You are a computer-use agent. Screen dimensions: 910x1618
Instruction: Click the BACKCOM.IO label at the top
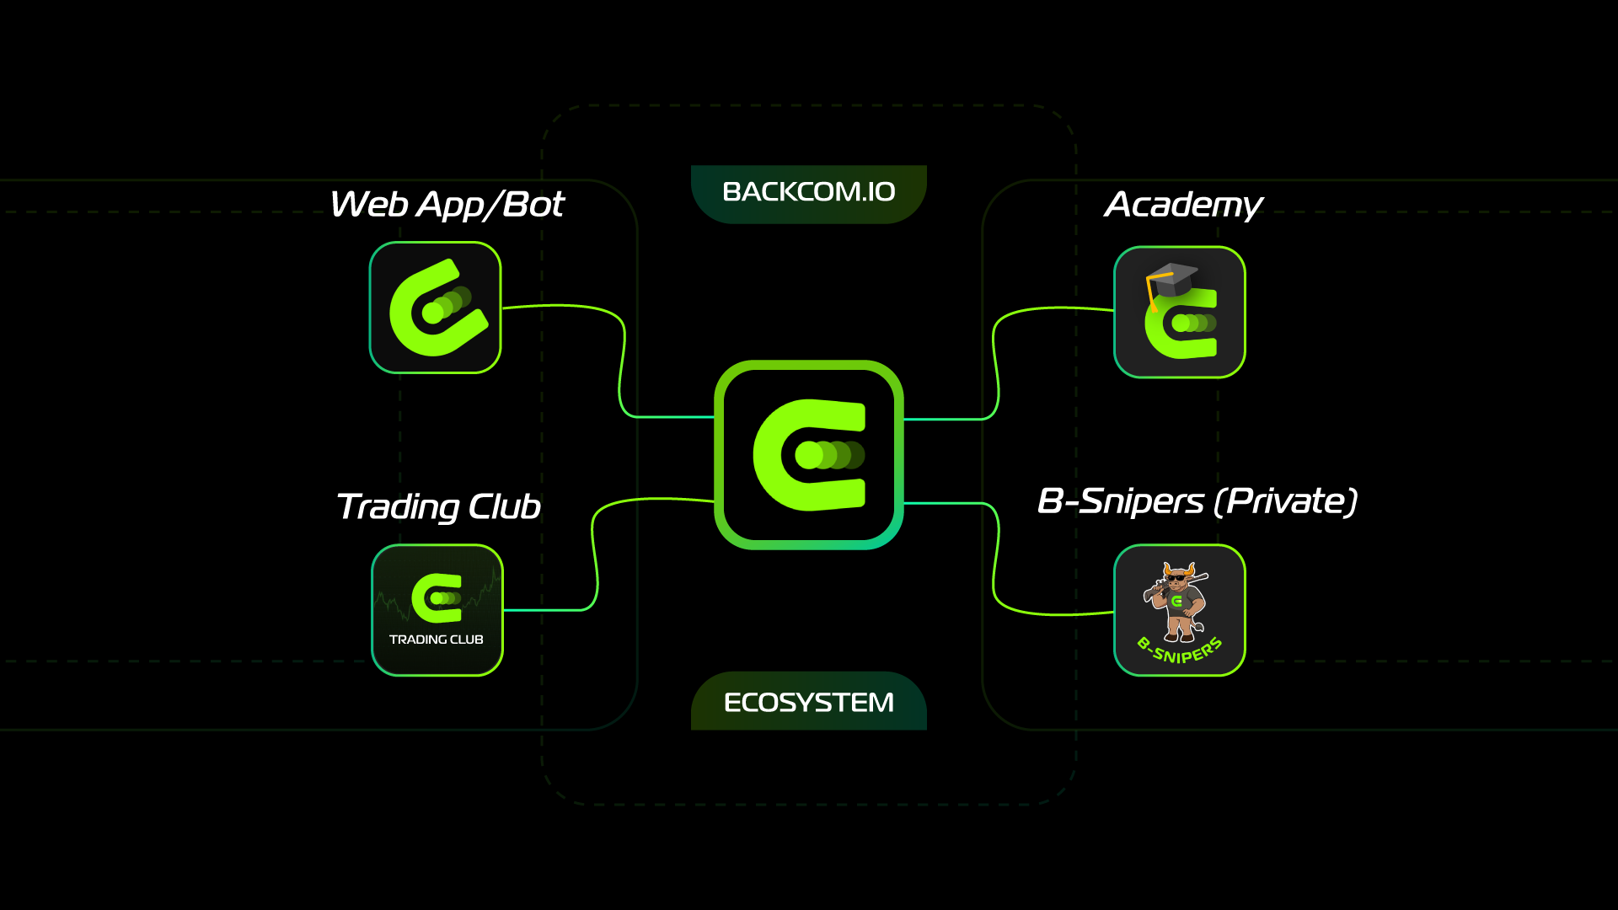pyautogui.click(x=808, y=192)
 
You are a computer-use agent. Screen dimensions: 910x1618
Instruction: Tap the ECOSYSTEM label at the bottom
pyautogui.click(x=808, y=702)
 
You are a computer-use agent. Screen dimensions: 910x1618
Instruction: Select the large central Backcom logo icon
pyautogui.click(x=808, y=455)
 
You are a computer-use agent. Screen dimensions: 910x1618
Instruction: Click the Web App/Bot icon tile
pyautogui.click(x=435, y=308)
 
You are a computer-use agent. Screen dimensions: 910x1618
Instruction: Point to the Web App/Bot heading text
pyautogui.click(x=446, y=205)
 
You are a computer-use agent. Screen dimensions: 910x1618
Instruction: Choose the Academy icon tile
pyautogui.click(x=1179, y=313)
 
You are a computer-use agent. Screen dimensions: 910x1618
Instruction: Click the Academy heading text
pyautogui.click(x=1183, y=205)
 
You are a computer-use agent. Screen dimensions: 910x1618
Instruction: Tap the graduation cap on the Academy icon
pyautogui.click(x=1171, y=279)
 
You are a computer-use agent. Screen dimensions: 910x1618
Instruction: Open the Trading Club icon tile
pyautogui.click(x=437, y=610)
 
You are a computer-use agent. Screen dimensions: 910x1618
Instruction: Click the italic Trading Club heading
pyautogui.click(x=438, y=507)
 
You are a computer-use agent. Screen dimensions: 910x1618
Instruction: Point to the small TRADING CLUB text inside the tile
pyautogui.click(x=436, y=640)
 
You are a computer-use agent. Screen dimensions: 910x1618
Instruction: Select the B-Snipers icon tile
pyautogui.click(x=1179, y=610)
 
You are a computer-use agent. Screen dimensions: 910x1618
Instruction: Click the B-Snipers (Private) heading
pyautogui.click(x=1197, y=501)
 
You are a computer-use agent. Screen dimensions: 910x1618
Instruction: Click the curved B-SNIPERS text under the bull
pyautogui.click(x=1179, y=650)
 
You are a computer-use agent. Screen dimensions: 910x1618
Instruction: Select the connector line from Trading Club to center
pyautogui.click(x=594, y=556)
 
